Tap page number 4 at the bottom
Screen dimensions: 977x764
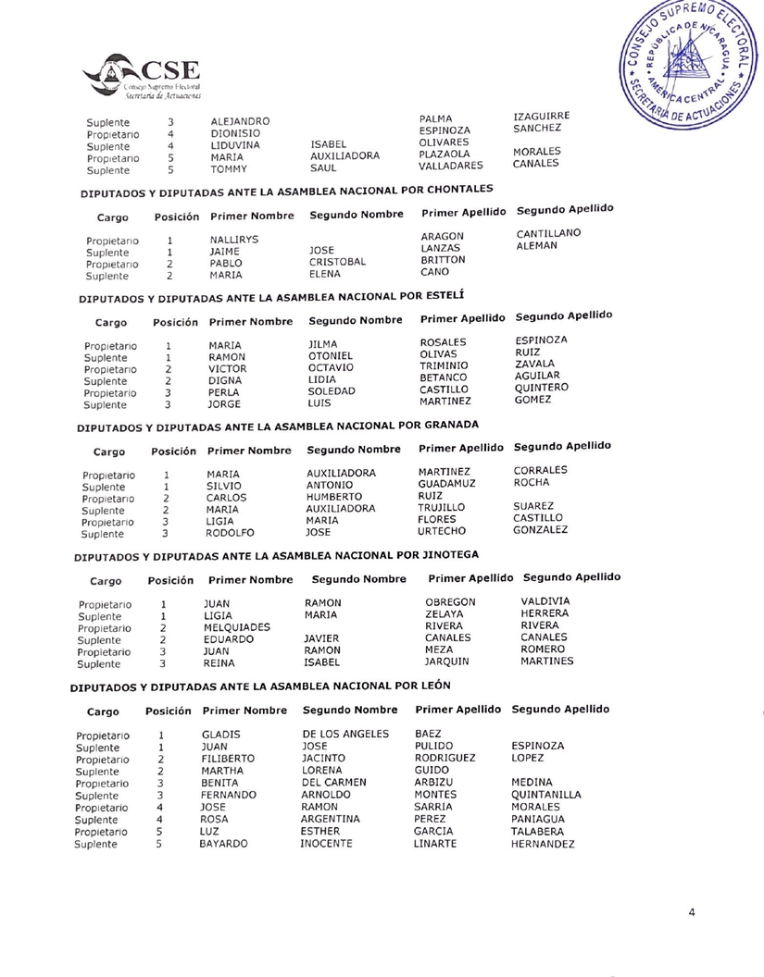coord(692,912)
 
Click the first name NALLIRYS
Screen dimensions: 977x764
coord(232,239)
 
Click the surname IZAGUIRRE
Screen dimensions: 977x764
coord(540,115)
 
